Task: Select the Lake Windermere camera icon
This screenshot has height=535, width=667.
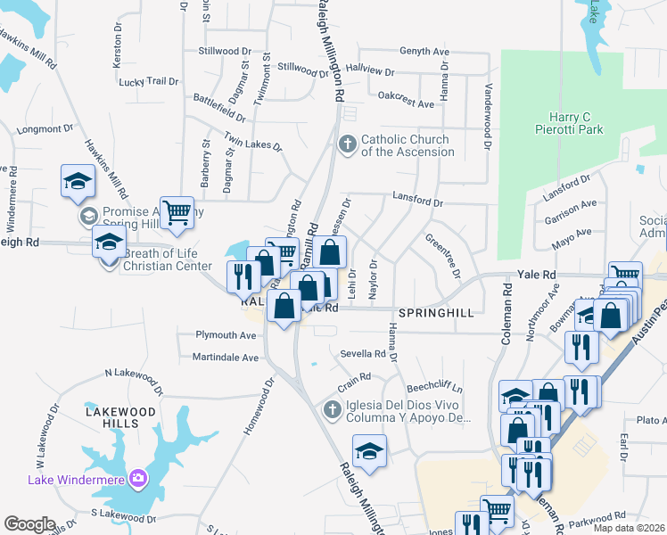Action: (x=138, y=479)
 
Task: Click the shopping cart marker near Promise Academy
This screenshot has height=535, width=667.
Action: (x=177, y=212)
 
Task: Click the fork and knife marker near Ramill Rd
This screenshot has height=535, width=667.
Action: (x=243, y=276)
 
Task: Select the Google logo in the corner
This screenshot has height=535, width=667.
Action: (x=29, y=524)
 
